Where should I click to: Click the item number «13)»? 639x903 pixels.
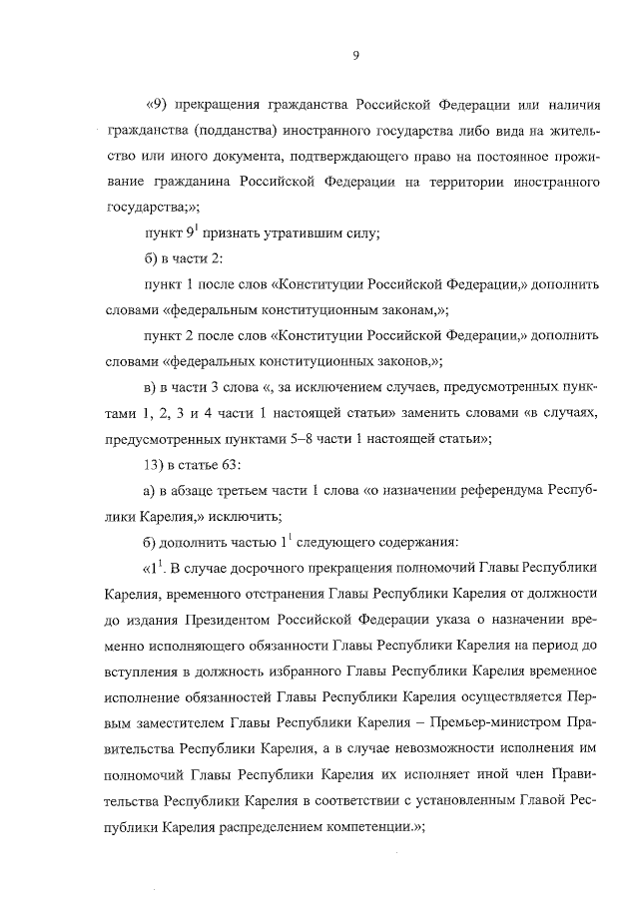pos(157,465)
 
